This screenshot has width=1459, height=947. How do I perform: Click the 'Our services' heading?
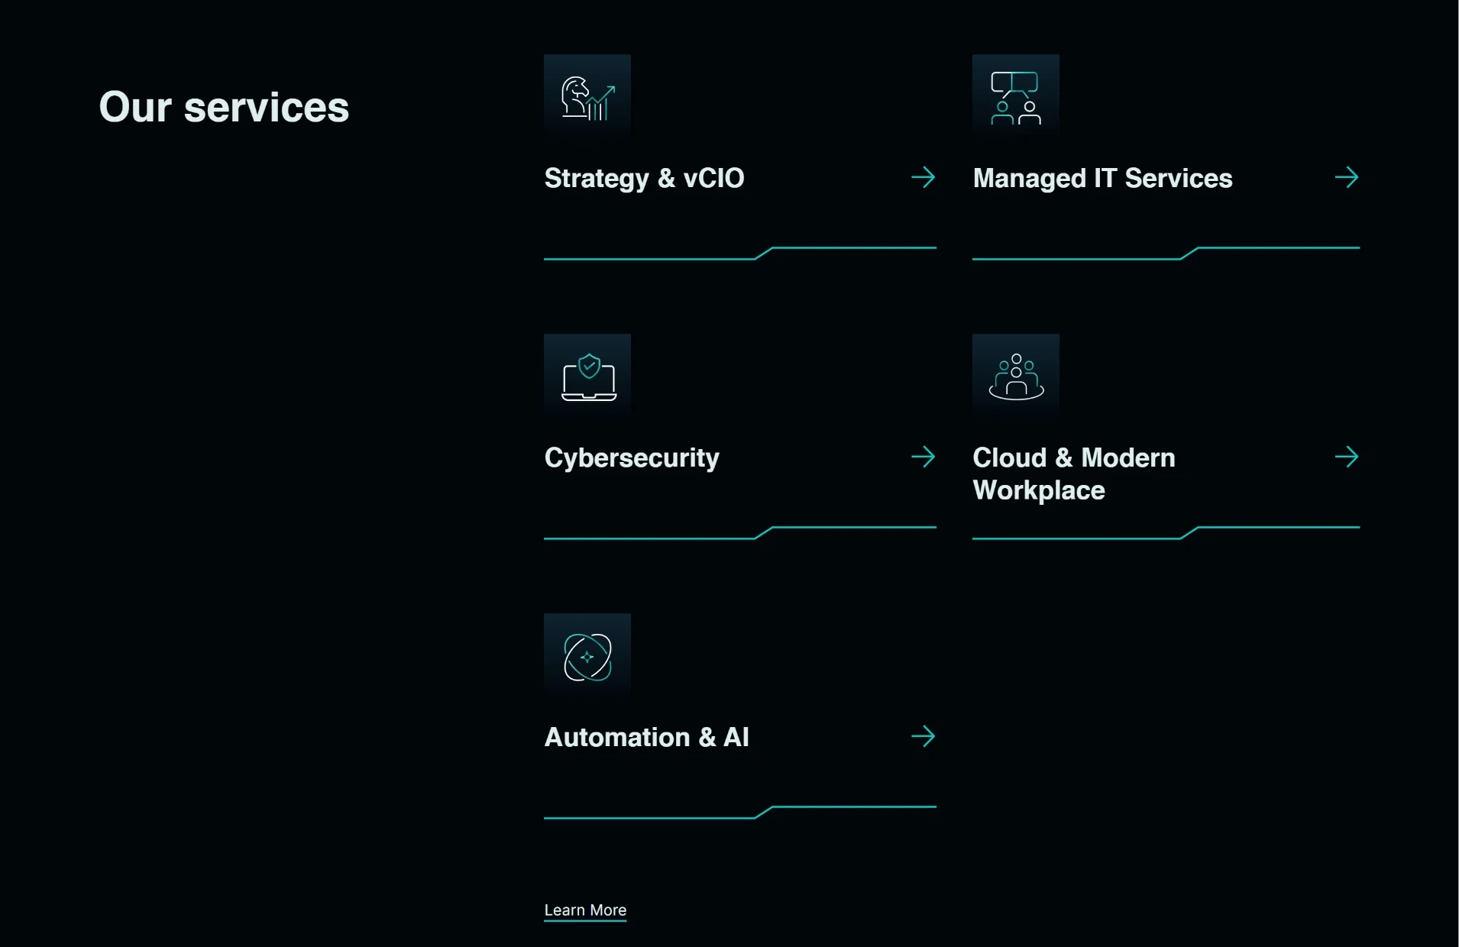pos(224,107)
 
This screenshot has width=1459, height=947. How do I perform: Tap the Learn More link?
pos(585,910)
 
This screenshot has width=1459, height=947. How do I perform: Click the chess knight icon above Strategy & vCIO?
pos(587,98)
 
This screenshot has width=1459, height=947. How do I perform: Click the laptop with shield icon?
pos(589,377)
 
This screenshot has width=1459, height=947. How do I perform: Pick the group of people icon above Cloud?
pos(1016,377)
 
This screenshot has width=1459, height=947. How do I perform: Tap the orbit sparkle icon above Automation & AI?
pos(587,657)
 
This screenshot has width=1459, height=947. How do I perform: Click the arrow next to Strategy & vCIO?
pos(924,178)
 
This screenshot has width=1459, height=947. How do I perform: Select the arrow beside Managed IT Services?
pos(1347,178)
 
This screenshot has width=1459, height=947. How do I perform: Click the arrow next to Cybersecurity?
pos(924,457)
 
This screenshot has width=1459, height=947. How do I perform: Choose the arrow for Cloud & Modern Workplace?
pos(1347,457)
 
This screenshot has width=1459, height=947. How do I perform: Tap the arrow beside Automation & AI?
pos(924,737)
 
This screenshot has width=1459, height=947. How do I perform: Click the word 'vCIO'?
pos(713,179)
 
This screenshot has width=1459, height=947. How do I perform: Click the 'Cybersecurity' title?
pos(632,459)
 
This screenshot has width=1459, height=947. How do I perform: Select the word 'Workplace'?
pos(1039,491)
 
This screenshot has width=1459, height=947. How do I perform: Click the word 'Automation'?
pos(617,738)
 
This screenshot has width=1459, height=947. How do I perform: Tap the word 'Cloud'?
pos(1010,458)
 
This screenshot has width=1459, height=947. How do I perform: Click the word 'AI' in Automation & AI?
pos(736,738)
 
